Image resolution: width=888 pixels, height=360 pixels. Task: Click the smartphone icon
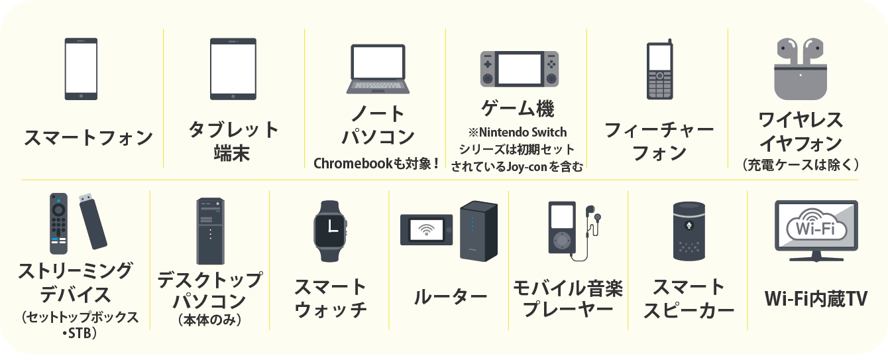pos(81,69)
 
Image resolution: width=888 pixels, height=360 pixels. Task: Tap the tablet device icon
pos(233,69)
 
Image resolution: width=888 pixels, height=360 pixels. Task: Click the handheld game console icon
pos(519,68)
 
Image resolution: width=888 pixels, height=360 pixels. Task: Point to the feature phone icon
pos(660,70)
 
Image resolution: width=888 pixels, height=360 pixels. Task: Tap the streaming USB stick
pos(93,222)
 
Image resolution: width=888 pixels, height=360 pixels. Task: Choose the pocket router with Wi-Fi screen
pos(426,230)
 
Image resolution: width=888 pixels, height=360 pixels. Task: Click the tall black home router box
pos(478,229)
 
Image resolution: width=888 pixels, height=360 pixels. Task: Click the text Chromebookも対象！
pos(376,162)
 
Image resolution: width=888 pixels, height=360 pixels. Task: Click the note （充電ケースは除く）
pos(801,164)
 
